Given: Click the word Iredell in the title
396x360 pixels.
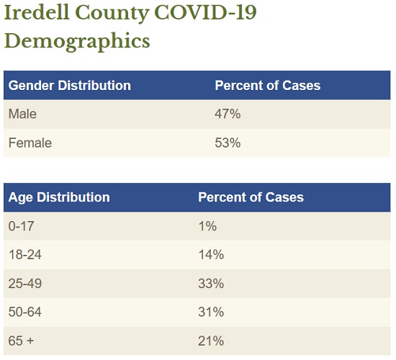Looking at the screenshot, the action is coord(37,12).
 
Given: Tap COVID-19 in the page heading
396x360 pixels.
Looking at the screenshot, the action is coord(206,12).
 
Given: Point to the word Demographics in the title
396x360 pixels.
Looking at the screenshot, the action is coord(77,41).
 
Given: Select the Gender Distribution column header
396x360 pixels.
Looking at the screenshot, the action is coord(70,86).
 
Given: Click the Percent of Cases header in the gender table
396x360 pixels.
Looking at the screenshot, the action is coord(268,86).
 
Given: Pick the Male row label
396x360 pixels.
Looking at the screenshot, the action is coord(22,114).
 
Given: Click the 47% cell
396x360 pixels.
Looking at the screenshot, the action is coord(228,114).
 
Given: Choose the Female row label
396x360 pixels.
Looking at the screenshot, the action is coord(30,143).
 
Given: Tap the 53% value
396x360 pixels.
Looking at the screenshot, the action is coord(228,143).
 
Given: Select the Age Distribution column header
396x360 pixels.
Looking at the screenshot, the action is coord(59,197).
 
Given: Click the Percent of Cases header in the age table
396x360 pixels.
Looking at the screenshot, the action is coord(251,197).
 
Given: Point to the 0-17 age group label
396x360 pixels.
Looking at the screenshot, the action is coord(21,226).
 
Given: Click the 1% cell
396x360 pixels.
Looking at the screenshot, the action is coord(207,226).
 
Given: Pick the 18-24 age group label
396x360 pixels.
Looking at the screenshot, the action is coord(25,255).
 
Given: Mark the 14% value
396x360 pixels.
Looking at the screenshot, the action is coord(211,255).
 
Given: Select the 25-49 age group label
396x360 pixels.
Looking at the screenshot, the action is coord(25,284).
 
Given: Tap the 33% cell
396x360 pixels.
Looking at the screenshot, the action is coord(211,284).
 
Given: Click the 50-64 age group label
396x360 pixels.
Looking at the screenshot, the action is coord(24,312).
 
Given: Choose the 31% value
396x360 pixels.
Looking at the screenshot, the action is coord(211,312).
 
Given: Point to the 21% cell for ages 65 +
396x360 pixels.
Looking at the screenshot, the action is coord(211,341).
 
